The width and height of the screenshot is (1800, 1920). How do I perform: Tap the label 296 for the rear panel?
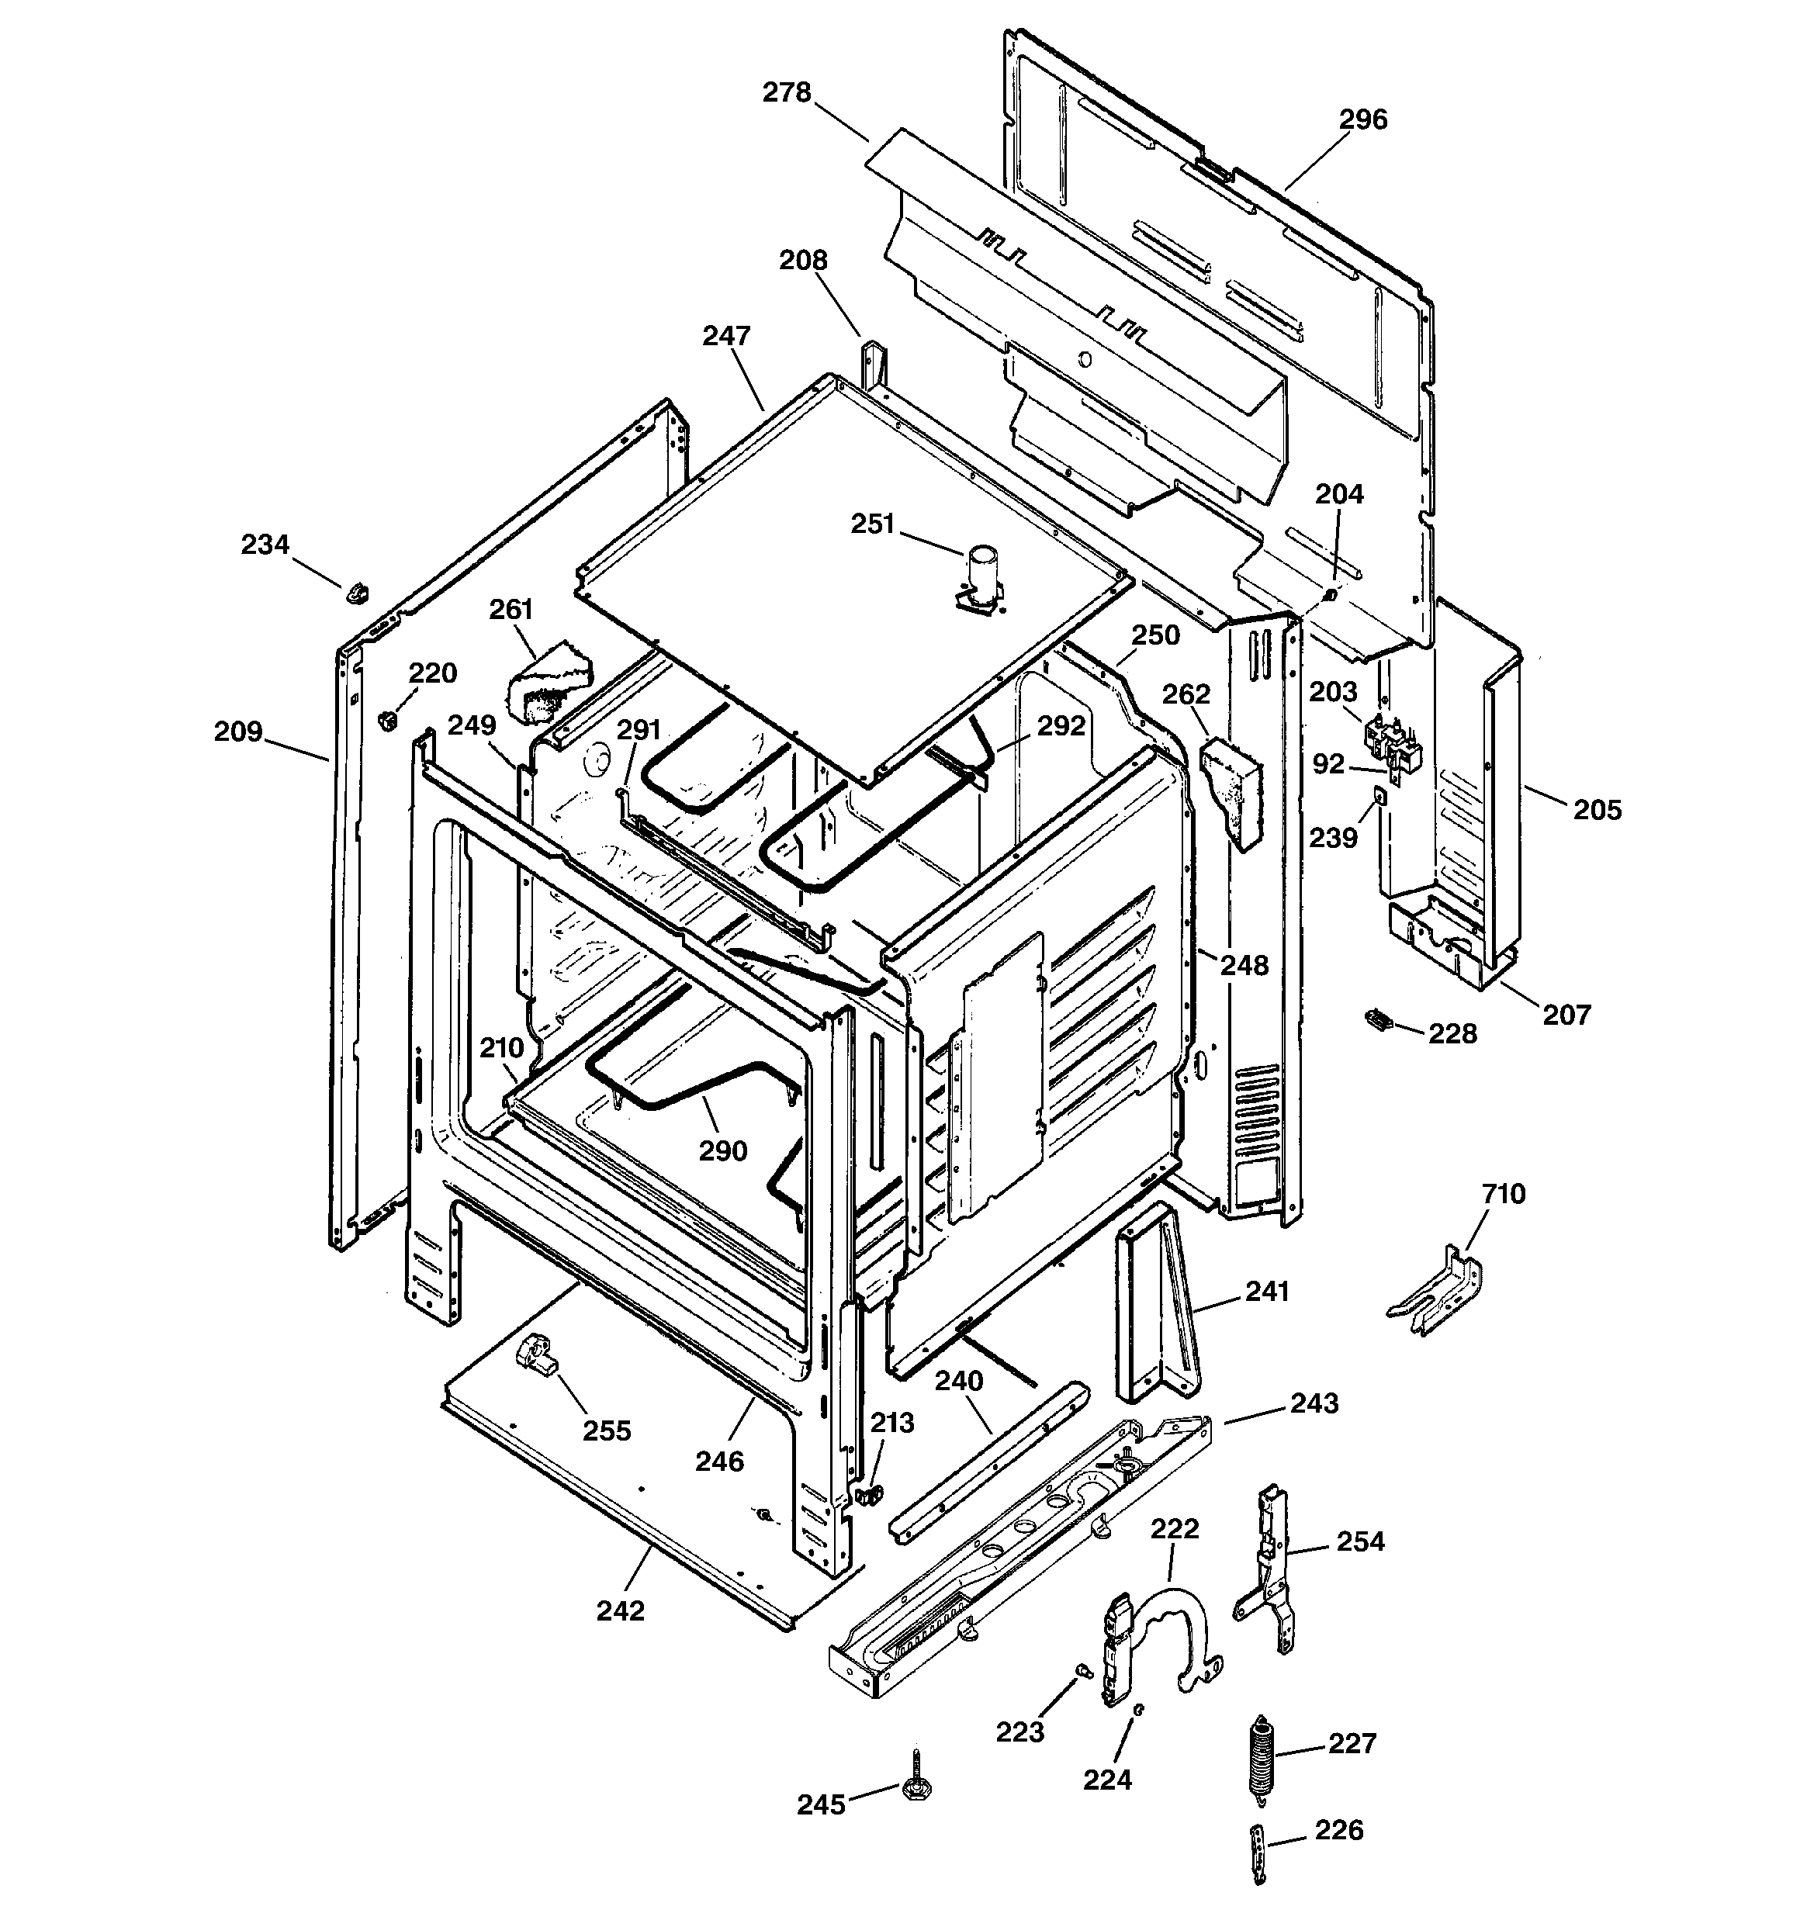coord(1362,119)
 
